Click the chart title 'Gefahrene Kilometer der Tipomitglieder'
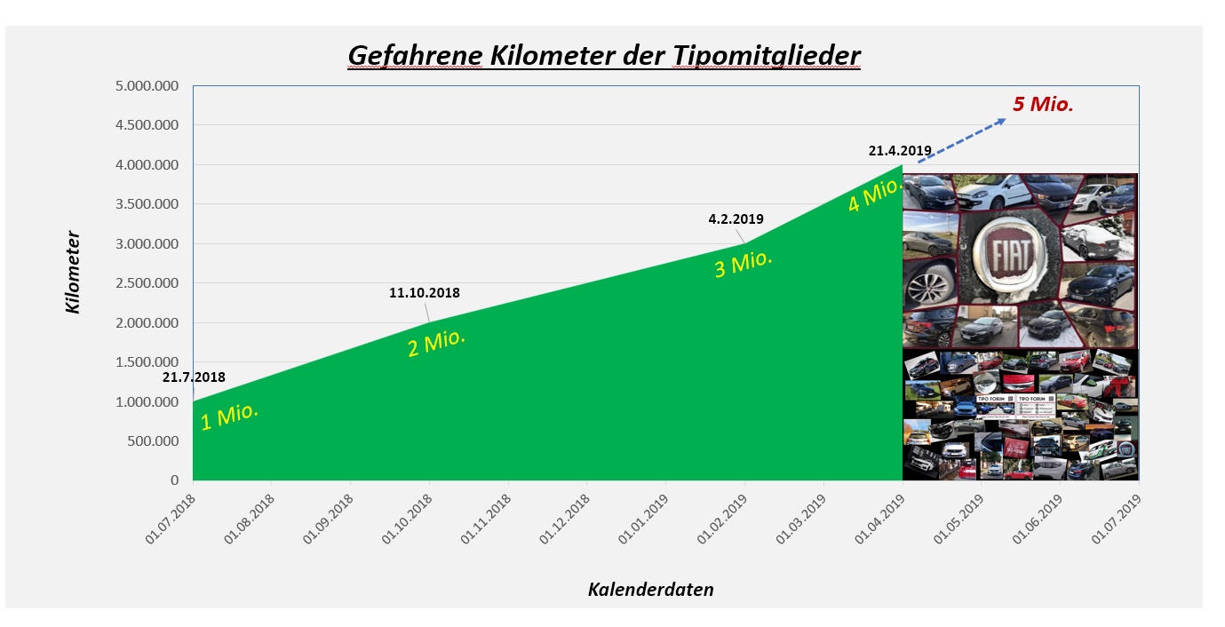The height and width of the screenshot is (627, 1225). tap(604, 56)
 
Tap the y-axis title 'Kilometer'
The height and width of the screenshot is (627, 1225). tap(73, 273)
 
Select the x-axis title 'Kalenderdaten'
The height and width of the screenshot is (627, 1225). tap(650, 589)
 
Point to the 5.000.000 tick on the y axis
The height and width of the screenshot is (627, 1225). tap(147, 86)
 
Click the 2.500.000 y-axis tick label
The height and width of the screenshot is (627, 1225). tap(147, 283)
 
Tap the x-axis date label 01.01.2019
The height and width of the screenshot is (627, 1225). tap(646, 518)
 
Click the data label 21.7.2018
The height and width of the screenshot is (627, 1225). tap(194, 377)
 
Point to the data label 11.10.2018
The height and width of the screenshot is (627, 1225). tap(425, 292)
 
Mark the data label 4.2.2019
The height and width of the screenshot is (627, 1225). tap(736, 218)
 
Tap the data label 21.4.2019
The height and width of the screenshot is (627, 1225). tap(900, 151)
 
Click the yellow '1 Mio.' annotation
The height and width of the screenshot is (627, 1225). tap(229, 416)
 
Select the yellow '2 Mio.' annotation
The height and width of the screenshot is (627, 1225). tap(437, 343)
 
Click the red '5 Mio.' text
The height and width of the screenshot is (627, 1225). tap(1043, 104)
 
